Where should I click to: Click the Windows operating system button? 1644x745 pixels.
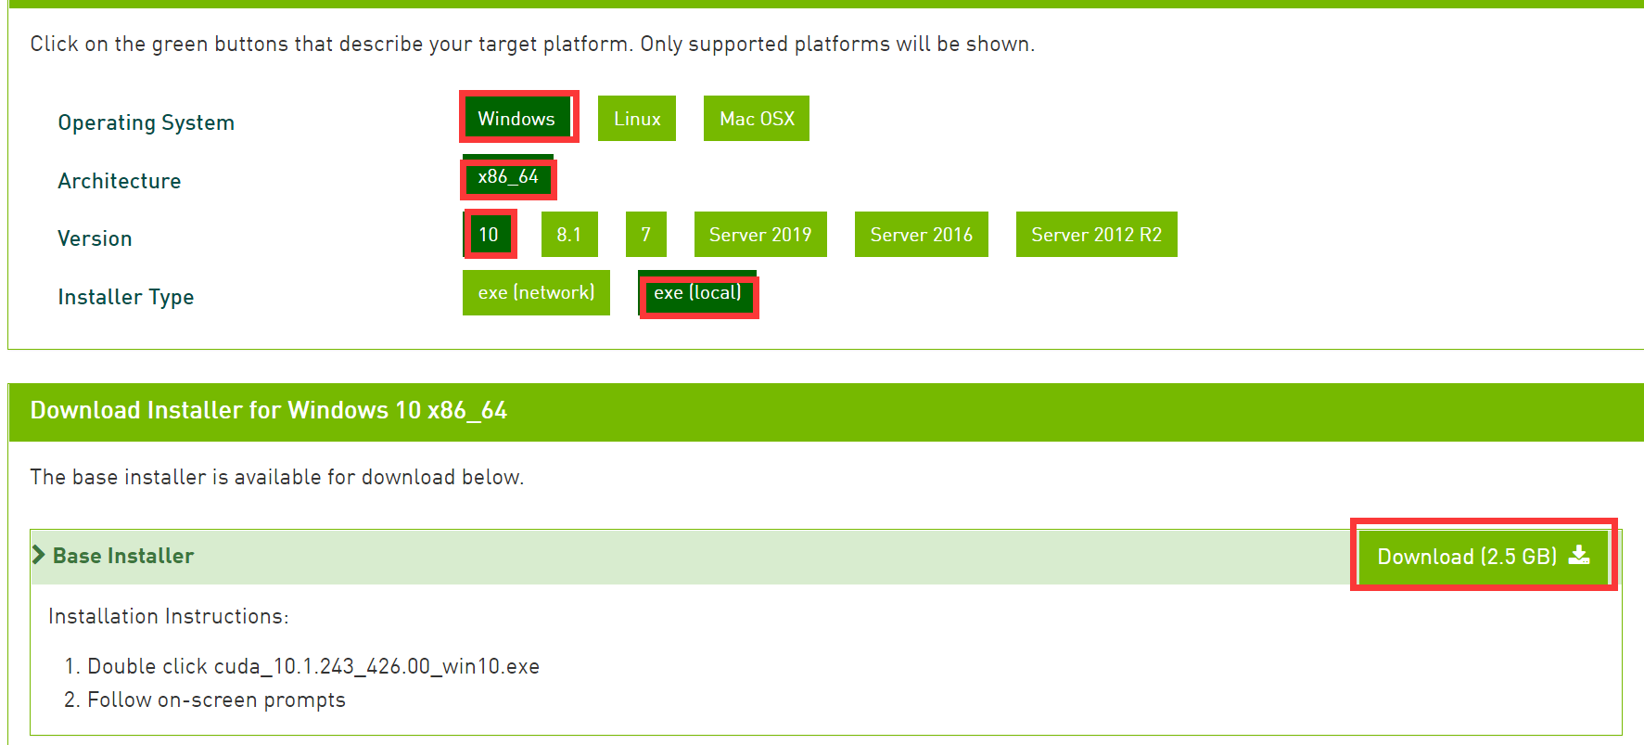coord(516,118)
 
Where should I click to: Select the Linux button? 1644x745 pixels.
coord(637,119)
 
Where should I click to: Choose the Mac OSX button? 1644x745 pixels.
coord(757,119)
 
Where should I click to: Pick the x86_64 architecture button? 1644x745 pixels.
coord(508,177)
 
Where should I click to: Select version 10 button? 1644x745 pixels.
coord(489,235)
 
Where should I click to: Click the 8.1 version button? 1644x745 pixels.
coord(569,235)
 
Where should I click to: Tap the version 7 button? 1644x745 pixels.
coord(646,235)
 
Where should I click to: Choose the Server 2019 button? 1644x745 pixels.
coord(760,235)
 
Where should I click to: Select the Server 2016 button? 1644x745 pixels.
coord(922,235)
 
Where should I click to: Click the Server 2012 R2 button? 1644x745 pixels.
coord(1096,235)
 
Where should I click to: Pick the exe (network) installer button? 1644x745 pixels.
coord(536,293)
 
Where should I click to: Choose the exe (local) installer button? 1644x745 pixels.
coord(697,293)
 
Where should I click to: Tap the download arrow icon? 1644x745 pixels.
coord(1579,555)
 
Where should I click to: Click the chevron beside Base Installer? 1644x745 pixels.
coord(38,555)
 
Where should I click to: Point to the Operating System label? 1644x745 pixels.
coord(146,122)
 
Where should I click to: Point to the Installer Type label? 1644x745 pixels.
coord(125,297)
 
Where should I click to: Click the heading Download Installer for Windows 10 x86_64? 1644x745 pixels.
coord(268,410)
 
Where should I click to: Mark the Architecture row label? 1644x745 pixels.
coord(119,181)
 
